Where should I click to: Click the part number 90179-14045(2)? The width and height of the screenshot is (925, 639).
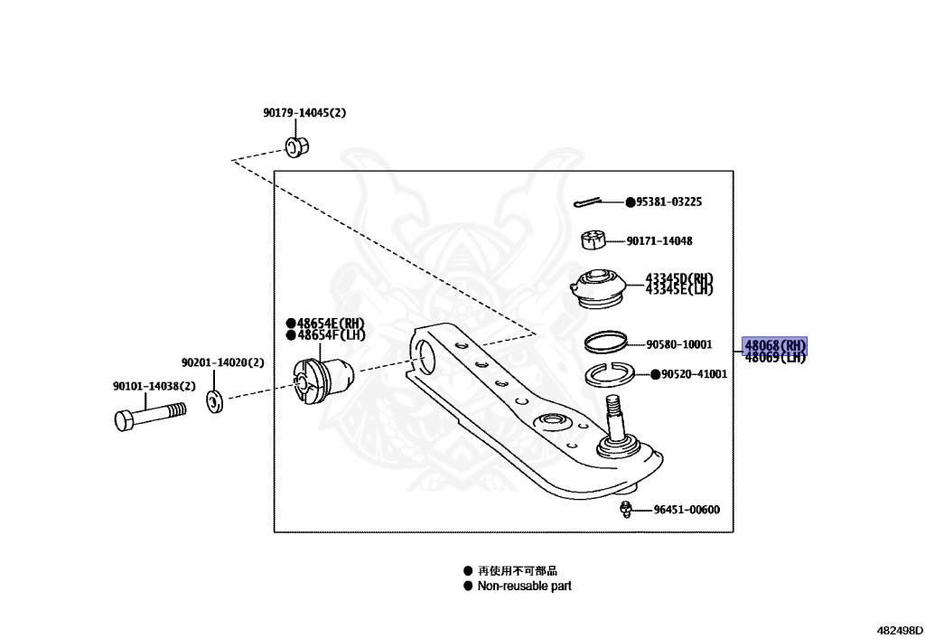coord(304,112)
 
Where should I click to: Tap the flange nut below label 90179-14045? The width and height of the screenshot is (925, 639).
coord(297,146)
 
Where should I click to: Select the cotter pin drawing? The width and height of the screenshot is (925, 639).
coord(588,202)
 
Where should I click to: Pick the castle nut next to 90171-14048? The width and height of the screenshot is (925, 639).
coord(593,240)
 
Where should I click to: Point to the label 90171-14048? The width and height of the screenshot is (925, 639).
coord(659,240)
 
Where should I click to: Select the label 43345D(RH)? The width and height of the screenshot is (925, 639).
coord(679,277)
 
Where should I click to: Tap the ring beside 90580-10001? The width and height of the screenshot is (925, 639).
coord(605,342)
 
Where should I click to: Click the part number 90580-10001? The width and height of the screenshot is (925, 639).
coord(679,344)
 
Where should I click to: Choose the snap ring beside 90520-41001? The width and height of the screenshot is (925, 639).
coord(610,374)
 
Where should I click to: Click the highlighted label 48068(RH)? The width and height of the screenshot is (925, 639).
coord(774,345)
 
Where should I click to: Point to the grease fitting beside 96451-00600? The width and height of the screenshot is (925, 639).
coord(627,509)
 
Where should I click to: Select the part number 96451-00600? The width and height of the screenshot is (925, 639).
coord(687,509)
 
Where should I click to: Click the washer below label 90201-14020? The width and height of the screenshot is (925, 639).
coord(215,401)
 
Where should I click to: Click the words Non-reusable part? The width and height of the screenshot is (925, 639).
coord(525,586)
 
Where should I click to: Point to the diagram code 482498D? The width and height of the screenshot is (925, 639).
coord(900,630)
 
